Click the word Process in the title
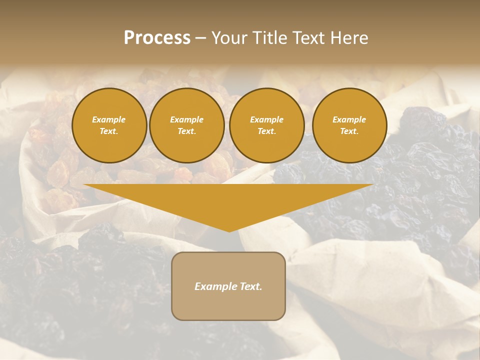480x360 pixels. (157, 38)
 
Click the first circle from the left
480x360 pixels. (109, 125)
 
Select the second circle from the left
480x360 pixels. (187, 125)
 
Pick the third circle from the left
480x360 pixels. (266, 125)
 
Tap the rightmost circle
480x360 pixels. (349, 125)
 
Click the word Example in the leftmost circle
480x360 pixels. (109, 119)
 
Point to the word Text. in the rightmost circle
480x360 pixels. (349, 131)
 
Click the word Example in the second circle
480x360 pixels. (187, 119)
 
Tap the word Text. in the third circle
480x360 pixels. (266, 131)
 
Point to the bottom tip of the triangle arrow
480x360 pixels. (229, 231)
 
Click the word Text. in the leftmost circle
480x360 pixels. (109, 131)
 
